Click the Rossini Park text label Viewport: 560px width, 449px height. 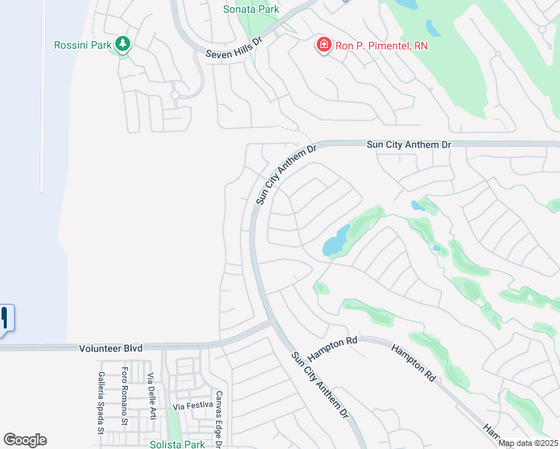[x=83, y=45]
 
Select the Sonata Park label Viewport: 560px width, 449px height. [x=251, y=9]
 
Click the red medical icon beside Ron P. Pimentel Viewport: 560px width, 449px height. [x=324, y=46]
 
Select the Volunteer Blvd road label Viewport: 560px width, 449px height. [x=110, y=348]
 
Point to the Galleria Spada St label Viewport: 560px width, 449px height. [x=100, y=403]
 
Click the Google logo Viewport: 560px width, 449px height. [x=25, y=440]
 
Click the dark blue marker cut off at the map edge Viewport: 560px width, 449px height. [x=4, y=320]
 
